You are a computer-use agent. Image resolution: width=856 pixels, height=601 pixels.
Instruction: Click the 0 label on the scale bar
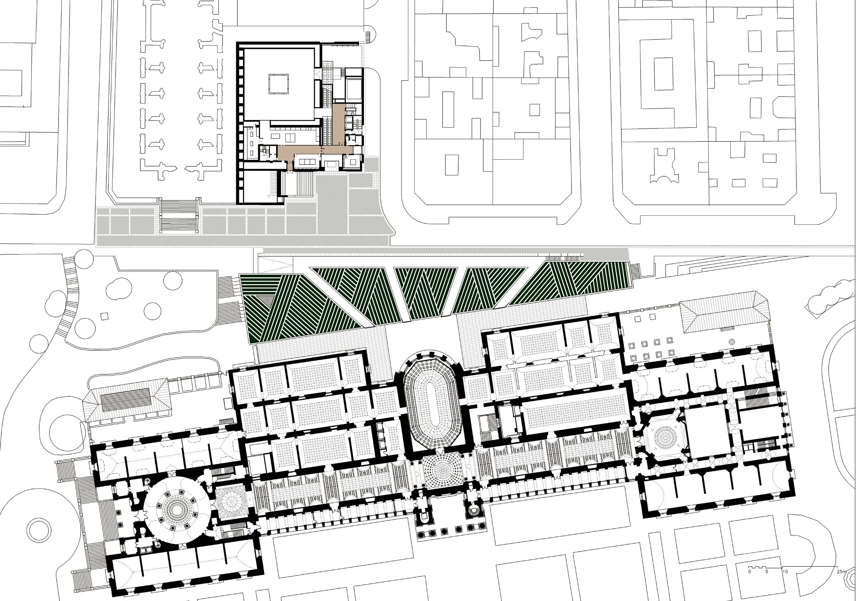pos(750,582)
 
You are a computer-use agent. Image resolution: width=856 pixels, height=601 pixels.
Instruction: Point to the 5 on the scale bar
pos(767,582)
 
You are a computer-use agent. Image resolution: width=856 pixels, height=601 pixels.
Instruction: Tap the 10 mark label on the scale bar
pos(785,582)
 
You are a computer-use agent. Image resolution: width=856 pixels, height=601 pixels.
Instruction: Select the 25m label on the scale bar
pos(841,582)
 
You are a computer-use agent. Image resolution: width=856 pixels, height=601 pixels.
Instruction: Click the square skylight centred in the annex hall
pos(279,84)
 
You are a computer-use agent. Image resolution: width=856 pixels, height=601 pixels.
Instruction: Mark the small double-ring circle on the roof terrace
pos(731,341)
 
